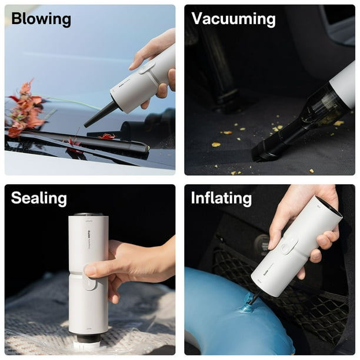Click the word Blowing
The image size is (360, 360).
pos(41,19)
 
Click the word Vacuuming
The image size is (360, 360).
pos(233,19)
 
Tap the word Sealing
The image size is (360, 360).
pos(38,198)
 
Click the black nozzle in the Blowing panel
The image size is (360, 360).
pos(101,114)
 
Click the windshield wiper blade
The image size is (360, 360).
pos(88,142)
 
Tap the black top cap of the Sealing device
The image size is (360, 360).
pos(88,215)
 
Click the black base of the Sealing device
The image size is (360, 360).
pos(89,338)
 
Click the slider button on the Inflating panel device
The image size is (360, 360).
pos(289,244)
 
